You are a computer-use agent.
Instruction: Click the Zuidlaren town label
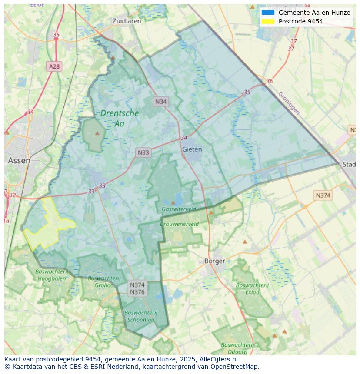pos(127,21)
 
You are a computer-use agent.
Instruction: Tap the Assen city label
pos(19,160)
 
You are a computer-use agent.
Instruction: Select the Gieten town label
pos(192,149)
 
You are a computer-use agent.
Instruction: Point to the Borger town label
pos(215,261)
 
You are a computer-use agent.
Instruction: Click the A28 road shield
pos(54,66)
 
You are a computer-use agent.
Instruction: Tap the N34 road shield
pos(161,102)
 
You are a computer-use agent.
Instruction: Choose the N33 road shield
pos(143,152)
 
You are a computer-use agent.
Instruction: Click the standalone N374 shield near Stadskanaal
pos(323,195)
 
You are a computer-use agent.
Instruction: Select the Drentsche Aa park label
pos(119,118)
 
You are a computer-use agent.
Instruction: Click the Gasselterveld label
pos(179,209)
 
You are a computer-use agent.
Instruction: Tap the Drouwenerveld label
pos(179,224)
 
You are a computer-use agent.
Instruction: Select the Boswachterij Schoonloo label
pos(140,316)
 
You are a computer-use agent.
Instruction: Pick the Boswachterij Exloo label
pos(252,288)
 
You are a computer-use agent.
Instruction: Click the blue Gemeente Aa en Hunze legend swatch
pos(268,13)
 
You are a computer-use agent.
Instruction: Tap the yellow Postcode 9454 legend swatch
pos(268,21)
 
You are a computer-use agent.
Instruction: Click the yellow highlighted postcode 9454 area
pos(48,222)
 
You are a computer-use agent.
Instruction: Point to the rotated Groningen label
pos(289,103)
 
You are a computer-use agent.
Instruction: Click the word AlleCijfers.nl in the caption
pos(219,359)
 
